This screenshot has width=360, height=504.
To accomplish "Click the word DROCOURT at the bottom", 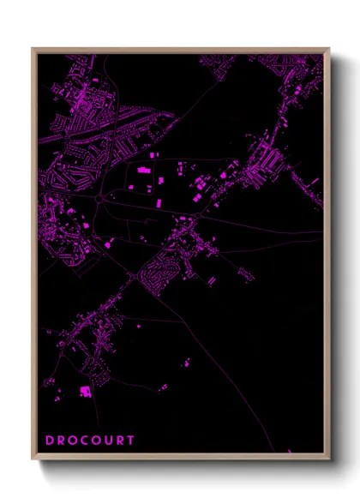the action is click(x=90, y=441).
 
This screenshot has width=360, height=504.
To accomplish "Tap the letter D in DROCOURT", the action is click(x=50, y=441).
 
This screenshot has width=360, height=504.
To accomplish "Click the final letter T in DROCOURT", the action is click(x=130, y=441).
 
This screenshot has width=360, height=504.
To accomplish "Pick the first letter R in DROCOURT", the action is click(x=61, y=441).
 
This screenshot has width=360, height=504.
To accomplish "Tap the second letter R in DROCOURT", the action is click(x=120, y=441).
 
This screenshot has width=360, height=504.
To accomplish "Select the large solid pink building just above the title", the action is click(x=86, y=391).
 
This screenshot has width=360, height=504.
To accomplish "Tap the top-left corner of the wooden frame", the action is click(x=33, y=49).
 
